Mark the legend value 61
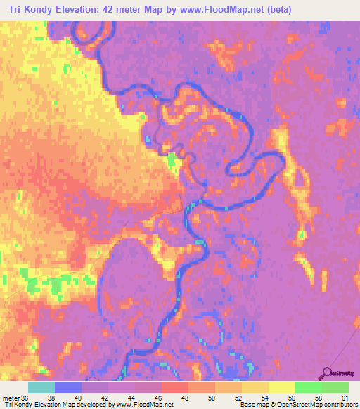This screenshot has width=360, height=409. tap(344, 398)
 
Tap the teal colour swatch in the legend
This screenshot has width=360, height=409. tap(41, 387)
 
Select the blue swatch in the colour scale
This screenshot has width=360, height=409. tap(68, 387)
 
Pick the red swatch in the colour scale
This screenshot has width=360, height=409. tap(174, 387)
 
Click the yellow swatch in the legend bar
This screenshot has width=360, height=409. tap(281, 387)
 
